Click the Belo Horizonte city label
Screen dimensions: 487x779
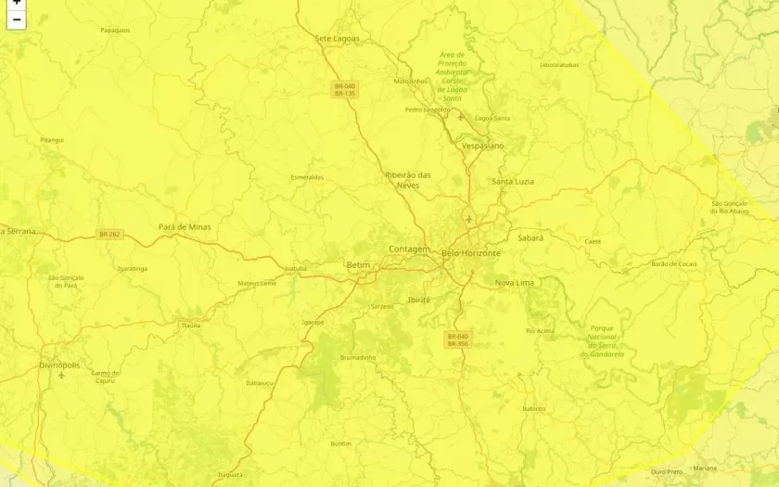[470, 253]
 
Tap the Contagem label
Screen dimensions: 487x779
[409, 250]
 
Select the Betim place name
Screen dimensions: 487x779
[358, 265]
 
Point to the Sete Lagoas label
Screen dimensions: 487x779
[337, 39]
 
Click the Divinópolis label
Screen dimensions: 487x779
[59, 365]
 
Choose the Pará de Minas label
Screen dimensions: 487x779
[185, 227]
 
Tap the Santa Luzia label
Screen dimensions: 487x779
[513, 182]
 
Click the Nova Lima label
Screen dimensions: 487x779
[516, 282]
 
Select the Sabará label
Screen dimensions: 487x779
[530, 238]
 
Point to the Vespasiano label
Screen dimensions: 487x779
[482, 147]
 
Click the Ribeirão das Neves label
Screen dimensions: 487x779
[408, 180]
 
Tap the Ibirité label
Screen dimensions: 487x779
[419, 300]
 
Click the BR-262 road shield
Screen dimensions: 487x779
[109, 235]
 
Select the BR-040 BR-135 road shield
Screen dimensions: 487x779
[345, 90]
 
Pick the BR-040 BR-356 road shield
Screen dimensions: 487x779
[458, 340]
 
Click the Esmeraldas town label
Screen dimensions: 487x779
[307, 177]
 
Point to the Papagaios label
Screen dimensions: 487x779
[115, 30]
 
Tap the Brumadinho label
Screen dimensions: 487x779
[358, 357]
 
